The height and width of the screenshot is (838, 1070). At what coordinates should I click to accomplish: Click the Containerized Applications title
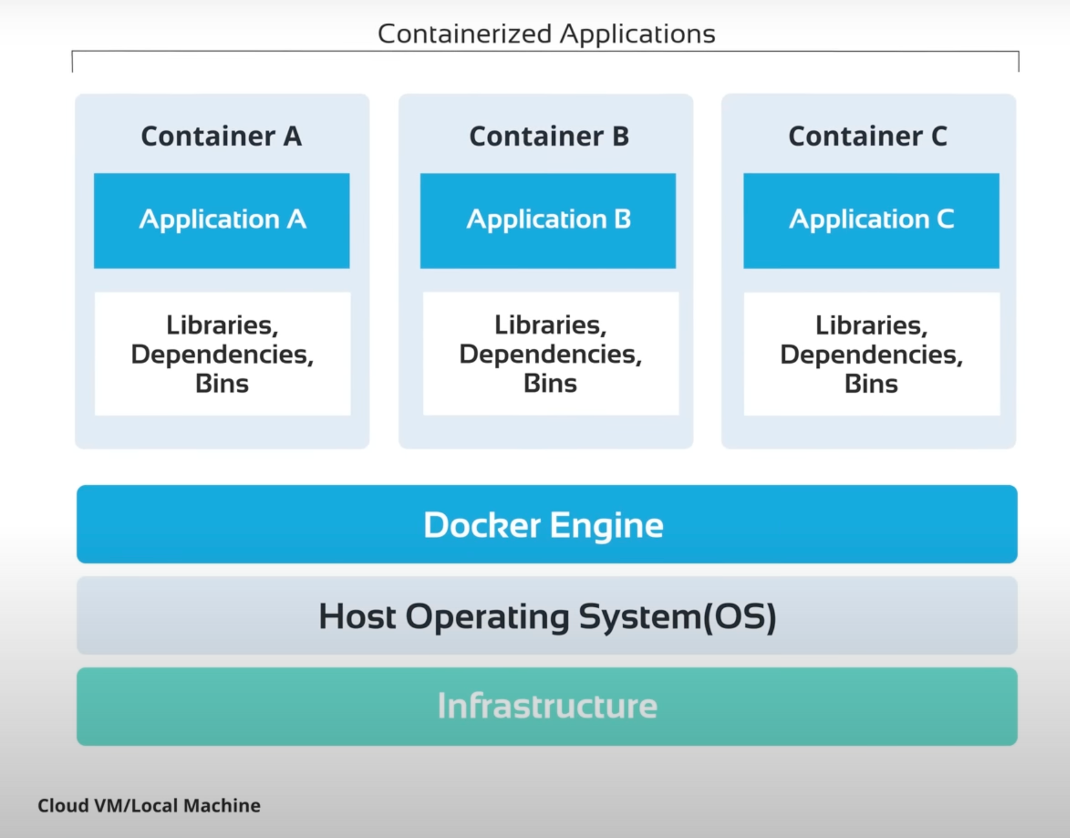pos(546,34)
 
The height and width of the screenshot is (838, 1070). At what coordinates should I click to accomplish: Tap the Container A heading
pos(221,136)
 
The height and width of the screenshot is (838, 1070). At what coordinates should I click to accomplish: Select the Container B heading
pos(548,136)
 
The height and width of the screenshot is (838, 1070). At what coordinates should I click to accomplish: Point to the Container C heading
pos(868,136)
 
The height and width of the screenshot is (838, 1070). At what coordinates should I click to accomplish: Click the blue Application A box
pos(222,220)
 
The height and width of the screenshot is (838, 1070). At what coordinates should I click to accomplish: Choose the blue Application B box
pos(548,220)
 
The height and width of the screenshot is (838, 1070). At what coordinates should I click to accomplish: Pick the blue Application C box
pos(871,220)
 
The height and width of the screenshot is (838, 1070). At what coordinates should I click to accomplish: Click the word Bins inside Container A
pos(222,384)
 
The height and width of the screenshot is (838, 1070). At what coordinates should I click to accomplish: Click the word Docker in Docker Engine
pos(481,525)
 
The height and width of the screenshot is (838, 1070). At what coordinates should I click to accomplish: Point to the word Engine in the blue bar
pos(607,525)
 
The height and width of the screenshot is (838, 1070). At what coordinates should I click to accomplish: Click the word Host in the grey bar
pos(357,617)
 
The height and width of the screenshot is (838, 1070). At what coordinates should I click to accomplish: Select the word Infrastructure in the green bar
pos(547,706)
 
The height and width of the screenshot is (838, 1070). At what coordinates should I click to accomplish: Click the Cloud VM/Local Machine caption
pos(149,806)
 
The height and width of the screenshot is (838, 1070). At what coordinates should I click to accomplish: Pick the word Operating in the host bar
pos(488,617)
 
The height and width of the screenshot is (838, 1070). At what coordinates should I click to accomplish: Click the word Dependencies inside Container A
pos(221,355)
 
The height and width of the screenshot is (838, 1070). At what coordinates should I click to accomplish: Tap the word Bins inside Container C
pos(871,384)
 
